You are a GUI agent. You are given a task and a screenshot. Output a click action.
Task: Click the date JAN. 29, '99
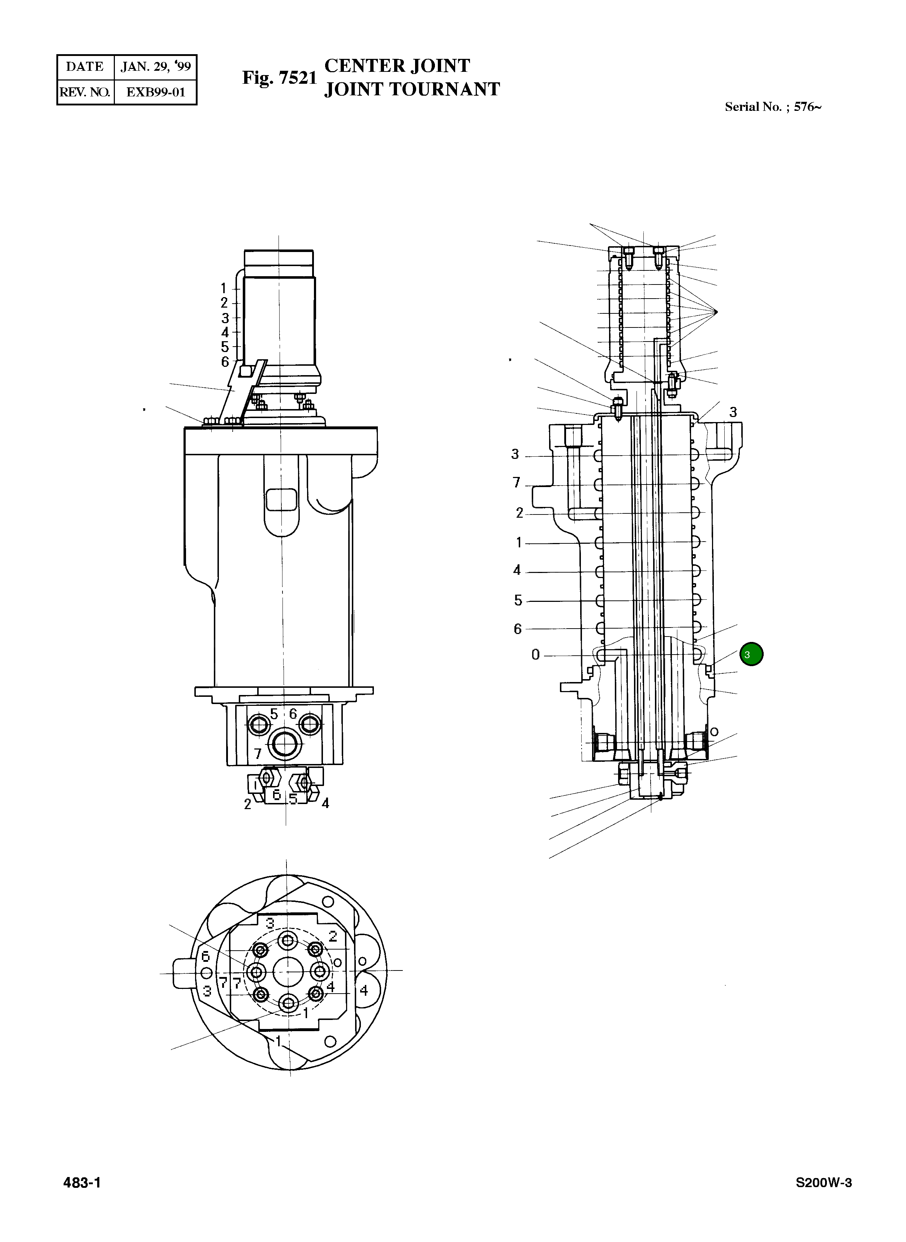[x=155, y=67]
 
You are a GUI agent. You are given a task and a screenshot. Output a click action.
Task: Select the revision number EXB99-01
[x=155, y=92]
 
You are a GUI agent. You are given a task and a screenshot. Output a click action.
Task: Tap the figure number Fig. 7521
[x=280, y=78]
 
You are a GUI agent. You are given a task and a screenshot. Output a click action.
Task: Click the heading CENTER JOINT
[x=397, y=66]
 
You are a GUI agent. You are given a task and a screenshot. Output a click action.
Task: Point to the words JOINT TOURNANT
[x=411, y=89]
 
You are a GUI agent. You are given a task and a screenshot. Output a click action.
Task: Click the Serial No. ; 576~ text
[x=772, y=107]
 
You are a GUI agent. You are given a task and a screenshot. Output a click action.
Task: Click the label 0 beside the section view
[x=535, y=655]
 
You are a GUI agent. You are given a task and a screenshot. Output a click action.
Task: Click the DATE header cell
[x=85, y=67]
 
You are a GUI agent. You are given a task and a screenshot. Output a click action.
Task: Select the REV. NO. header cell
[x=85, y=92]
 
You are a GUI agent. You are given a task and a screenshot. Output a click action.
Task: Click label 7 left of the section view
[x=516, y=482]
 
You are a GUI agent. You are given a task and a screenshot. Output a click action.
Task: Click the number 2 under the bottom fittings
[x=247, y=805]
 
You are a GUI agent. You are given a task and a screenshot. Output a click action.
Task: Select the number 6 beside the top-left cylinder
[x=225, y=362]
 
